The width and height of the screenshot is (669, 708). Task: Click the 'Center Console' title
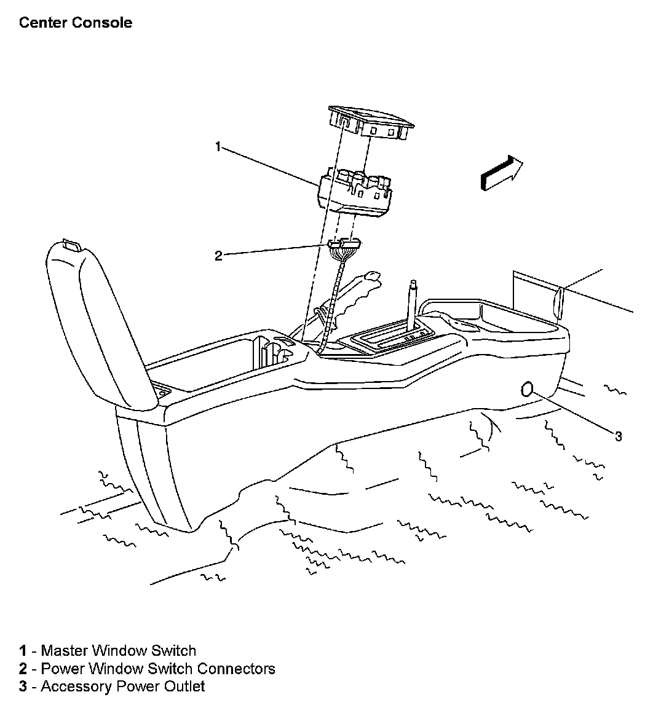click(x=76, y=23)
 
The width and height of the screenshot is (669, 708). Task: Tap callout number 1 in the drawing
click(x=218, y=146)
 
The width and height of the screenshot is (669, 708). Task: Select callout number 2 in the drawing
click(x=218, y=256)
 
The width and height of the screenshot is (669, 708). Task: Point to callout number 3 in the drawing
click(x=619, y=436)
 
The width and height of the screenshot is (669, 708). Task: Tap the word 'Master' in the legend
click(x=64, y=651)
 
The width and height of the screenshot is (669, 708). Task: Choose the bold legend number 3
click(x=23, y=686)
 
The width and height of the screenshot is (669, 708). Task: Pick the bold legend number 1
click(x=23, y=651)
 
